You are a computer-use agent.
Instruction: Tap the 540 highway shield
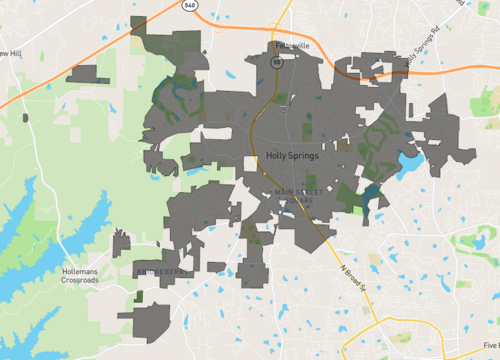(190, 5)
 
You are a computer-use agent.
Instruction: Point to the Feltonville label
(291, 46)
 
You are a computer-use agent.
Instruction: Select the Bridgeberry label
(160, 270)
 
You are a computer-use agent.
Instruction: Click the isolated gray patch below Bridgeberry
(151, 323)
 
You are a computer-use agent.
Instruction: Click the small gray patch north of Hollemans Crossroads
(121, 243)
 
